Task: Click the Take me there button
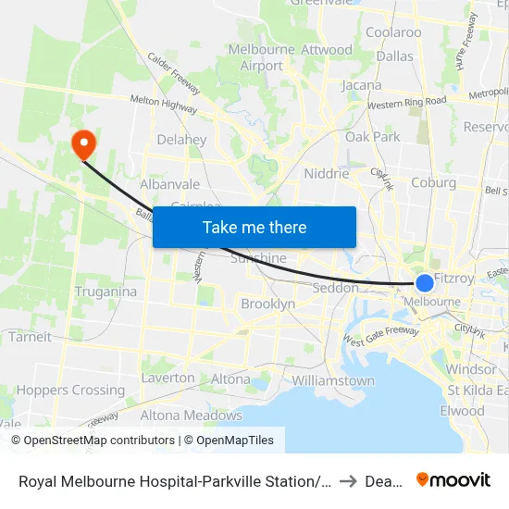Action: [x=254, y=228]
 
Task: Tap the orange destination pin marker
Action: [x=83, y=143]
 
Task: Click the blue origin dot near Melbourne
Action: [x=424, y=283]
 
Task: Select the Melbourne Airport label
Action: [x=262, y=57]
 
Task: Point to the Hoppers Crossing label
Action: [x=70, y=391]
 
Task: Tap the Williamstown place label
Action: [x=332, y=380]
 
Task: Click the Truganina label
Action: [x=106, y=292]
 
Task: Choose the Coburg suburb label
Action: [x=433, y=183]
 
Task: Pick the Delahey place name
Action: [x=181, y=140]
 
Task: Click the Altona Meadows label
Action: [x=191, y=416]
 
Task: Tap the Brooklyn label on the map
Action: [x=267, y=304]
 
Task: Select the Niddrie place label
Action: [x=327, y=173]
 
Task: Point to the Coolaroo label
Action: [x=393, y=32]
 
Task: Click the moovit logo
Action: [x=453, y=479]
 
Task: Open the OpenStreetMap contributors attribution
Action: [x=93, y=441]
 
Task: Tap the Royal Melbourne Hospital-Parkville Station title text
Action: [x=171, y=480]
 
